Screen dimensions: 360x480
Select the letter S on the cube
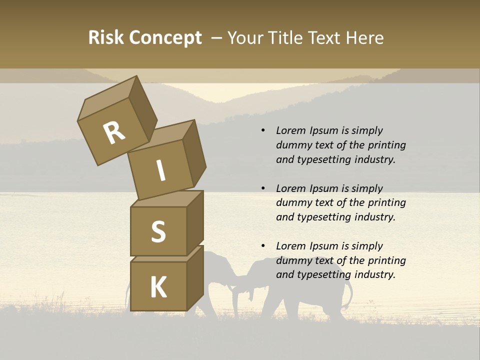pyautogui.click(x=158, y=231)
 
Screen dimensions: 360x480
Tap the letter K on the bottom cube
pyautogui.click(x=158, y=287)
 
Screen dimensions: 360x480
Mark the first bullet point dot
pyautogui.click(x=263, y=130)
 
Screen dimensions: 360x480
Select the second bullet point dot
pyautogui.click(x=263, y=188)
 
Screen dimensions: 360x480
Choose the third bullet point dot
pyautogui.click(x=263, y=246)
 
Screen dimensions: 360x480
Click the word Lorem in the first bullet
pyautogui.click(x=290, y=130)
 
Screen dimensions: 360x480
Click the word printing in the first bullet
pyautogui.click(x=386, y=145)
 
